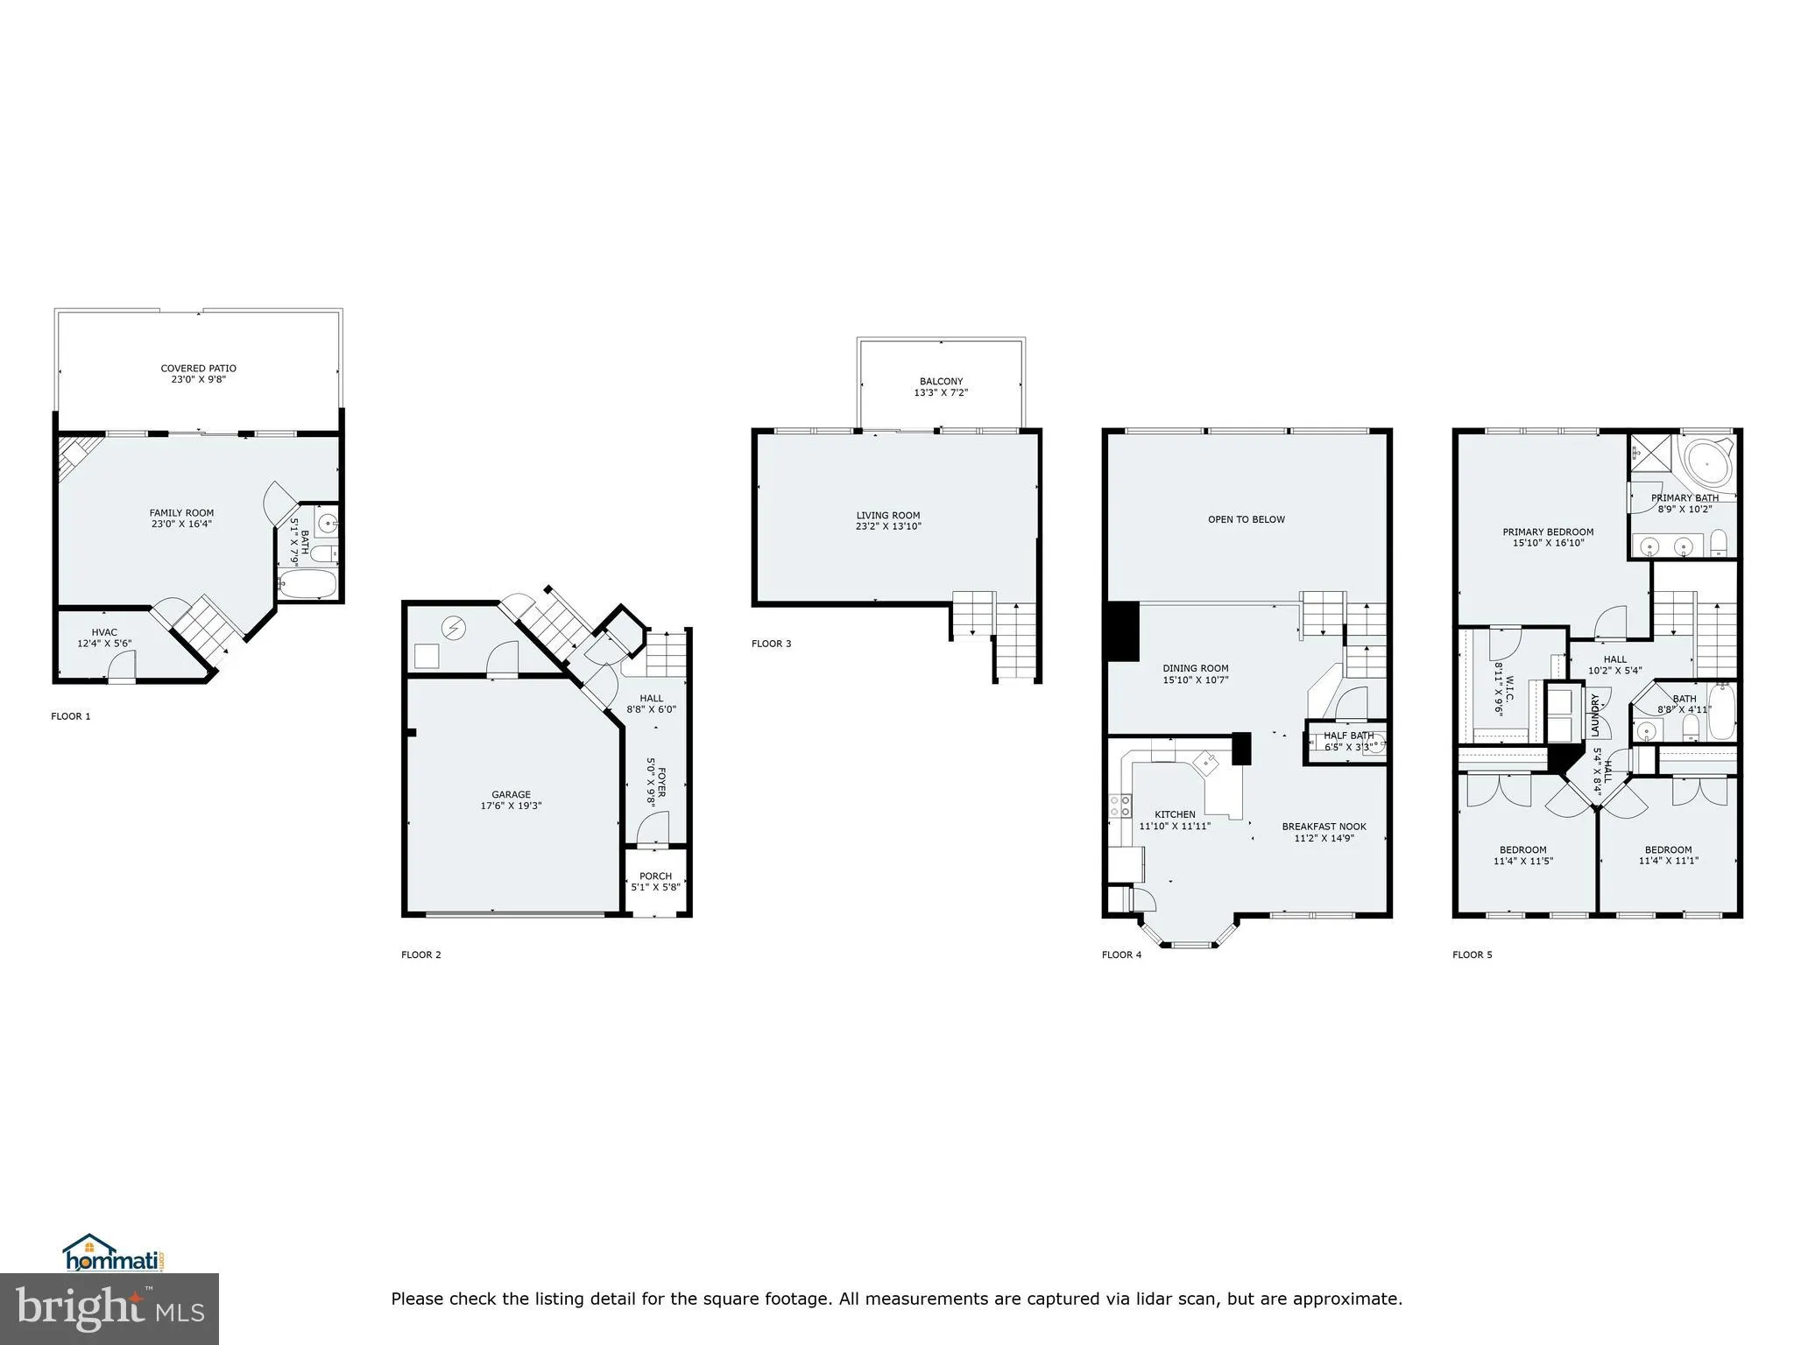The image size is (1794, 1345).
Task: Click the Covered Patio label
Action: pos(198,369)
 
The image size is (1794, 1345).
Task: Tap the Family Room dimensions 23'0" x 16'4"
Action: pos(181,525)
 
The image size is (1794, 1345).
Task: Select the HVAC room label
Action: pos(104,632)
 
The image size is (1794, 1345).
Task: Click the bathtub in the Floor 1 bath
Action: pos(307,584)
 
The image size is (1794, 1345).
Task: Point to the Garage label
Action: pos(511,795)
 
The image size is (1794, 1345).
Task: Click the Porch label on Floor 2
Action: pos(655,876)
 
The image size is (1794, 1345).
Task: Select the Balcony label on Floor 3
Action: pos(941,382)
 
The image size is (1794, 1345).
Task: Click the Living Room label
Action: pos(887,516)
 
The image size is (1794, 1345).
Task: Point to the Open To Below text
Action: pos(1246,519)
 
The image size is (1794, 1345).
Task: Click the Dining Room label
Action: pos(1195,668)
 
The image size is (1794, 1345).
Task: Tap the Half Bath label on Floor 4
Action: pos(1348,736)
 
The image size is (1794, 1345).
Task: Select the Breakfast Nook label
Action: pos(1324,827)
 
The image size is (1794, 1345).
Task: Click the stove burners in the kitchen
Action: pos(1119,806)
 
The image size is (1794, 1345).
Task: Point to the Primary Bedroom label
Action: pos(1548,532)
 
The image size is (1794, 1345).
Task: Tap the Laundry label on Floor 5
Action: pos(1596,715)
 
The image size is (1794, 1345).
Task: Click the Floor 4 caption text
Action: pos(1121,954)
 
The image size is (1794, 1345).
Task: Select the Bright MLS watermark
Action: pos(109,1308)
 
